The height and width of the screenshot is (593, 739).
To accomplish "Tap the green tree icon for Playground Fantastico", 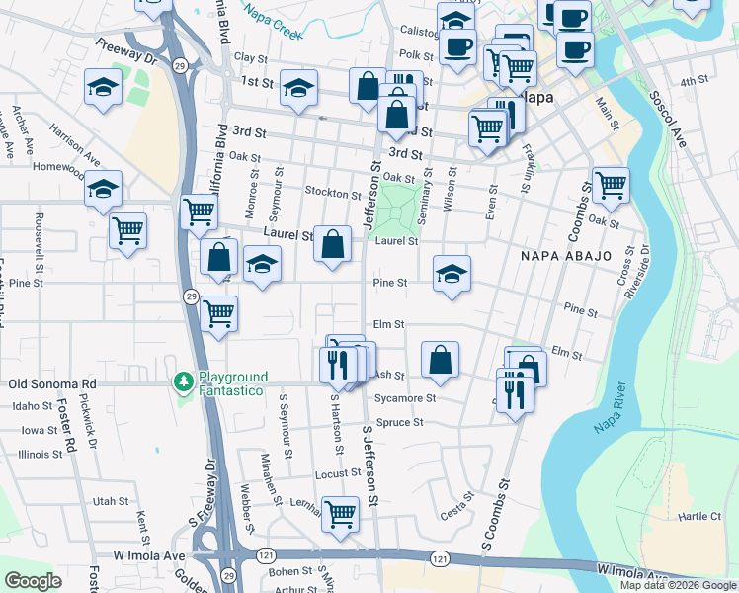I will tap(182, 381).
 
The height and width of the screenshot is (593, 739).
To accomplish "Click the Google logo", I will tap(33, 581).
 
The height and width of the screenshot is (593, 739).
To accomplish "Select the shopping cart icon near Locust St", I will tap(341, 513).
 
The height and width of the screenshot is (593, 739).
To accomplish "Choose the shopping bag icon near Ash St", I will tap(440, 360).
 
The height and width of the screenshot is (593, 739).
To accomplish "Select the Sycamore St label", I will tap(405, 398).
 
